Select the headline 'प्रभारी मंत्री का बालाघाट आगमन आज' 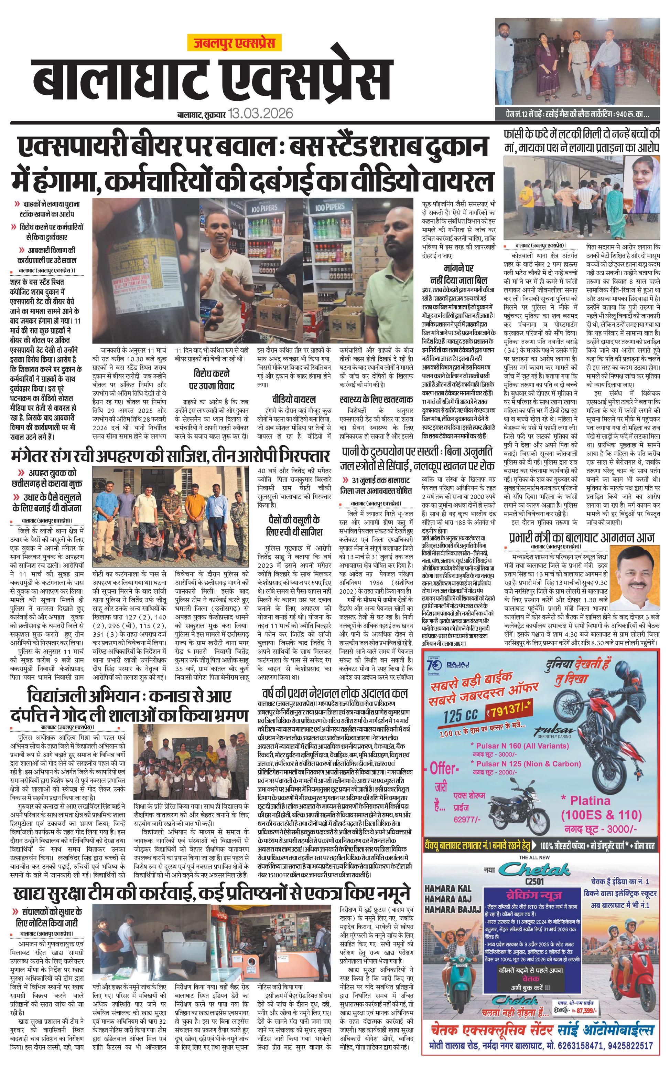click(581, 537)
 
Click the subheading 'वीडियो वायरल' click(294, 400)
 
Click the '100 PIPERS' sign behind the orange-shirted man click(264, 208)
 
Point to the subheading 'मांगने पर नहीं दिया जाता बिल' click(458, 274)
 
